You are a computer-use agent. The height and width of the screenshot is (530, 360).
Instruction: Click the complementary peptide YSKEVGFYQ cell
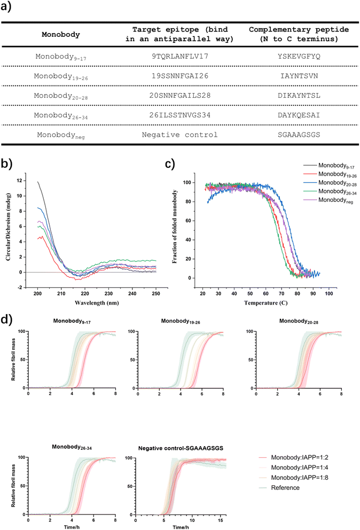(x=291, y=56)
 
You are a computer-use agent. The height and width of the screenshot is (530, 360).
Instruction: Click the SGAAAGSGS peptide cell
(x=291, y=135)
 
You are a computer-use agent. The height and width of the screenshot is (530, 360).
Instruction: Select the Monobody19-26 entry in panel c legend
(x=332, y=178)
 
